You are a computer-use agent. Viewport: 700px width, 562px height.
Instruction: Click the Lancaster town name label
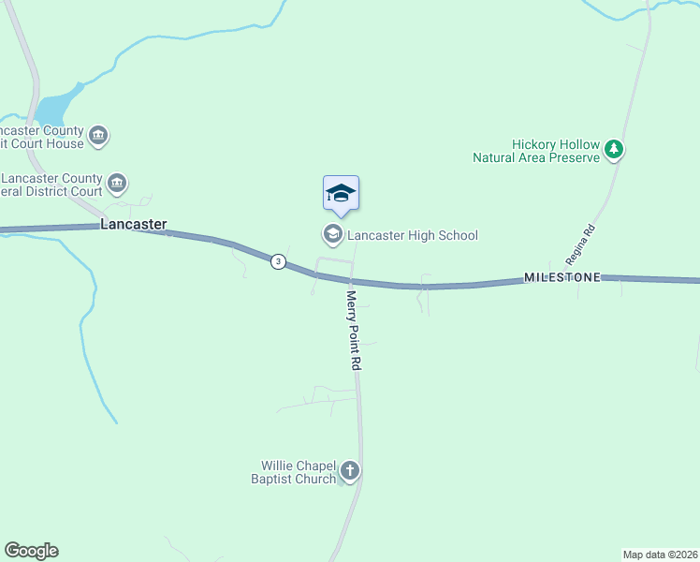click(x=134, y=225)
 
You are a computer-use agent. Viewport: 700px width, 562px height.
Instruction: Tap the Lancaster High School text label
click(x=413, y=235)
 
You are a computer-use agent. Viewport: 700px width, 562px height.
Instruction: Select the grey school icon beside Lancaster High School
click(x=331, y=233)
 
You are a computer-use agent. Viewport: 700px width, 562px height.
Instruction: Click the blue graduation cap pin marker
click(x=341, y=194)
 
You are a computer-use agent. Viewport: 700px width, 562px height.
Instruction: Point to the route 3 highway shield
click(x=278, y=261)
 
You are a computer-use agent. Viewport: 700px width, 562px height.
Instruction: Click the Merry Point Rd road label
click(x=354, y=330)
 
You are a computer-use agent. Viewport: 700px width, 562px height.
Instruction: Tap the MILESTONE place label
click(x=561, y=278)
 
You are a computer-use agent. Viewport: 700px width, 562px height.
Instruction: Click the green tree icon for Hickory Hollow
click(x=614, y=148)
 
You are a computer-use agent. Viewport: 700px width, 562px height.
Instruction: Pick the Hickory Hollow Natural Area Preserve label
click(x=548, y=152)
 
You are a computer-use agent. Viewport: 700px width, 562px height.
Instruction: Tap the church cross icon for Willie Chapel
click(x=349, y=470)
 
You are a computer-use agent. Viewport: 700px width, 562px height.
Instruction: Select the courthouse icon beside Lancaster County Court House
click(x=98, y=138)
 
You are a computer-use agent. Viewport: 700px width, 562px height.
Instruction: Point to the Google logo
click(x=31, y=551)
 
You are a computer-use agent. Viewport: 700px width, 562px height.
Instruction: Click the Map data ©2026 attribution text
click(x=661, y=554)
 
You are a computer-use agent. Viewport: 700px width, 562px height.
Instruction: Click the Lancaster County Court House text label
click(x=42, y=138)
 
